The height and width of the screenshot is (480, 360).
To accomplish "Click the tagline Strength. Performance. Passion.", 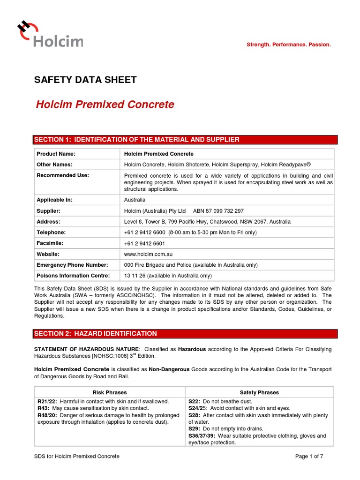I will (x=289, y=45).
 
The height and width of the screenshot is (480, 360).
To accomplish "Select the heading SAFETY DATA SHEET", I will (x=85, y=80).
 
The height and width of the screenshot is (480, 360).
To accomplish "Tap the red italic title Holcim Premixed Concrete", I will (x=105, y=105).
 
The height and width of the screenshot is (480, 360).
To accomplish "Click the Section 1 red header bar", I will (x=185, y=140).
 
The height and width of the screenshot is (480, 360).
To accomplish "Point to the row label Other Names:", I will (x=54, y=165).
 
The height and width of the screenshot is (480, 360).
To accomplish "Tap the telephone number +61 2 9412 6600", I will (x=144, y=232).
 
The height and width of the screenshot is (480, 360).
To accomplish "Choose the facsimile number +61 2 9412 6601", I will (x=144, y=244).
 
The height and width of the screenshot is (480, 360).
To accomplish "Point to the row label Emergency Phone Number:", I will (x=72, y=265).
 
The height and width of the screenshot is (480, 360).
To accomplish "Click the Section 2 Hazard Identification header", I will (x=185, y=334).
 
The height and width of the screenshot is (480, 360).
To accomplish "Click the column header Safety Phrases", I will (x=259, y=392).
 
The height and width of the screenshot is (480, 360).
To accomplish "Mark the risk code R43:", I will (x=44, y=408).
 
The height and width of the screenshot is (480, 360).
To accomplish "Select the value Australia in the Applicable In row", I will (x=135, y=200).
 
